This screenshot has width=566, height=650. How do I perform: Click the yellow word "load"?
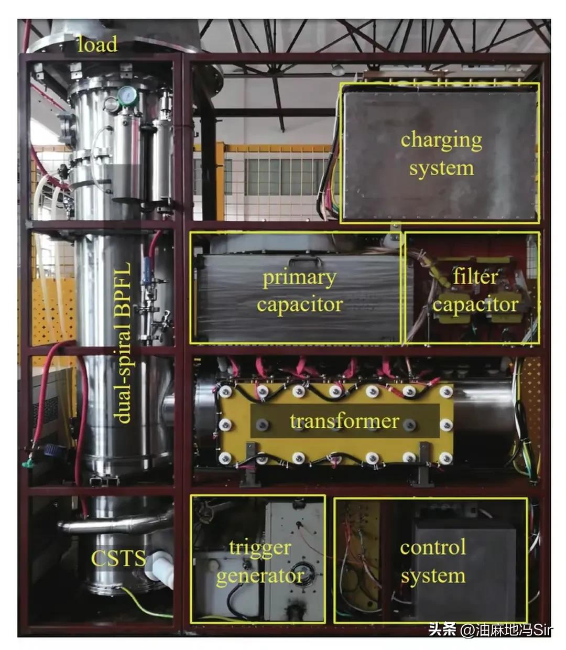click(97, 44)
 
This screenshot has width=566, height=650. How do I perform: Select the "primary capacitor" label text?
click(300, 291)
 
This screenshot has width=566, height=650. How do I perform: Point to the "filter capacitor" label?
click(475, 290)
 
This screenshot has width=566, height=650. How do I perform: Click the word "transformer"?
click(344, 421)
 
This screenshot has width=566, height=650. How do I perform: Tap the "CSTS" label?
click(118, 558)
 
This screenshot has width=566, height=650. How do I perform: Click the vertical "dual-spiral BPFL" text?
click(123, 342)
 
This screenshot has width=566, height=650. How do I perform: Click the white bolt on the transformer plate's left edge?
click(225, 424)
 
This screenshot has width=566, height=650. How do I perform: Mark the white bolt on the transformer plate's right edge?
click(447, 425)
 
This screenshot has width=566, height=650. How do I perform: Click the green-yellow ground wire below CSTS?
click(147, 601)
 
